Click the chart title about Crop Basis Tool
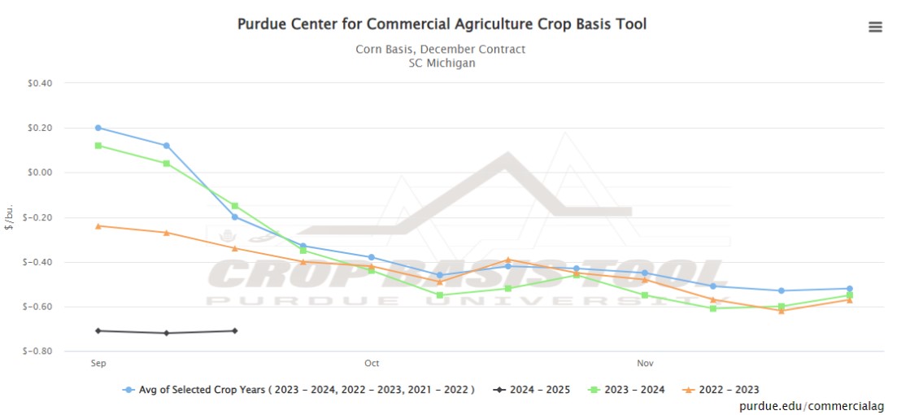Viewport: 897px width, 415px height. click(442, 24)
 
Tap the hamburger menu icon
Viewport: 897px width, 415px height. click(875, 27)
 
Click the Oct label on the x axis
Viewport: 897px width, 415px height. click(372, 363)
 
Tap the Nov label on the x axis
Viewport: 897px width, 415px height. click(645, 363)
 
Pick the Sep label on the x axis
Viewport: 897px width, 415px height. click(98, 363)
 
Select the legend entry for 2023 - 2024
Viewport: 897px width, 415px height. click(633, 390)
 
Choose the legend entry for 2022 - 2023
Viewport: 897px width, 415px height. click(727, 390)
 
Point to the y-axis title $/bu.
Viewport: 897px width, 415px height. click(9, 217)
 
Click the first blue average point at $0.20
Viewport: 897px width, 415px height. click(98, 128)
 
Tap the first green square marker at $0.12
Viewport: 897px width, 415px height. click(98, 146)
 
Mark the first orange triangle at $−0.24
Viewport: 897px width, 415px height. click(98, 226)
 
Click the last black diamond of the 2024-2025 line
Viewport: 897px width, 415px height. click(235, 330)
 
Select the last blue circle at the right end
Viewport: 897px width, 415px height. click(850, 289)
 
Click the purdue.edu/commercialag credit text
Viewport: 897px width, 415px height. click(812, 405)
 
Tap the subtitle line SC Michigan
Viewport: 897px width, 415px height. click(442, 63)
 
